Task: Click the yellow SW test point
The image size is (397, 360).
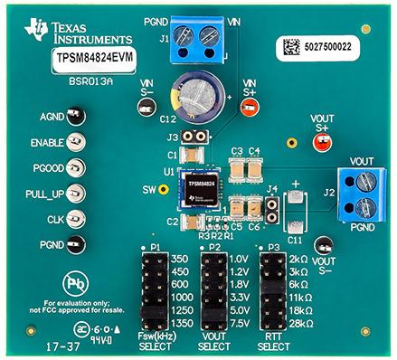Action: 163,191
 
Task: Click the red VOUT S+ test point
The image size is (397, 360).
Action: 323,139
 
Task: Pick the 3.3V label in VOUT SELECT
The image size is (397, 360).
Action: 240,296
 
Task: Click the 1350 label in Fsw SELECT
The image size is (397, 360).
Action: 180,322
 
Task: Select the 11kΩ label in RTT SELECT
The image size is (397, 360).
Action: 302,296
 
